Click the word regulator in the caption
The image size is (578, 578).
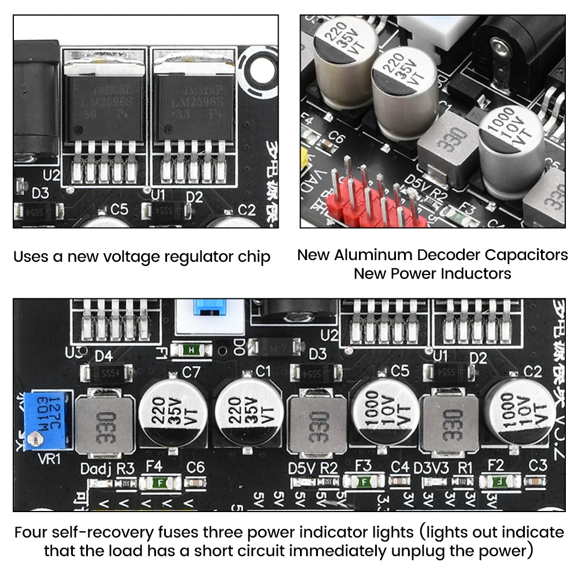pos(177,257)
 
